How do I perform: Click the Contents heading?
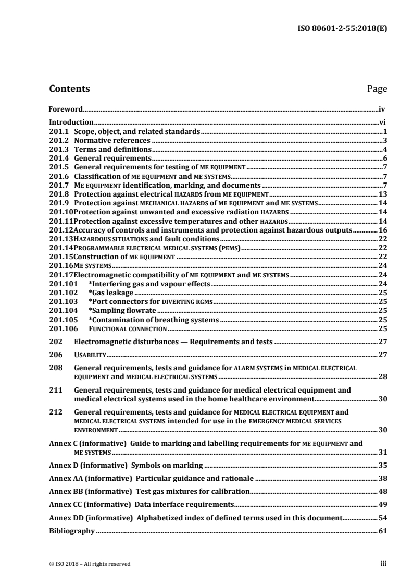click(x=69, y=89)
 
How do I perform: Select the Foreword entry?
click(x=66, y=109)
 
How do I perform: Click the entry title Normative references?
click(x=112, y=140)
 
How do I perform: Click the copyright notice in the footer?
click(x=90, y=564)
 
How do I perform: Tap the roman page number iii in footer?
click(x=382, y=564)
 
